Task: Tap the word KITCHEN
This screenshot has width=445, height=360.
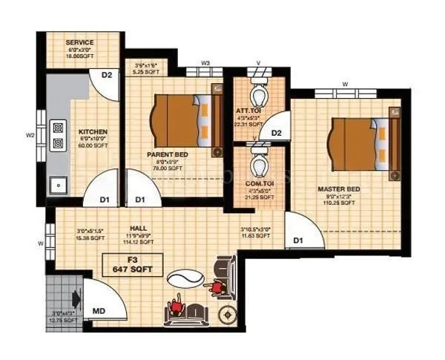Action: click(x=93, y=131)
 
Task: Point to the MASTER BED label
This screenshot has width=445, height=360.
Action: click(x=340, y=190)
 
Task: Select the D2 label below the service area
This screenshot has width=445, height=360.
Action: click(x=106, y=75)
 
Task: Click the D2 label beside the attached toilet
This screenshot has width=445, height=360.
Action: click(x=276, y=134)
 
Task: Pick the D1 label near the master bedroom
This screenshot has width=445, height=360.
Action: click(x=298, y=240)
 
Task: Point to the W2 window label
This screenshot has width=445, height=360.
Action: click(x=30, y=135)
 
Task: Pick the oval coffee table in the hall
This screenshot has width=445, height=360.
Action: click(x=182, y=278)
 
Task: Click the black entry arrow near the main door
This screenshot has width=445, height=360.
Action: click(x=76, y=298)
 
